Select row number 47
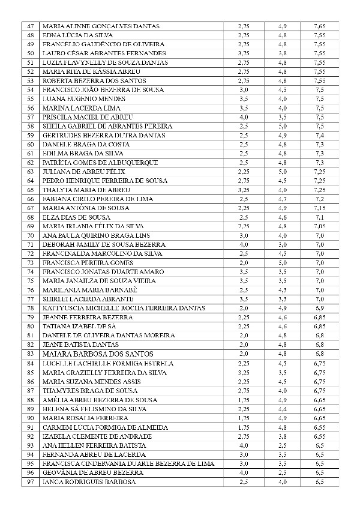tap(31, 26)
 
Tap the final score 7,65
tap(319, 26)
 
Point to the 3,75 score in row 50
tap(243, 53)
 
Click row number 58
tap(31, 126)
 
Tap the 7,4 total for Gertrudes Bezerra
tap(319, 136)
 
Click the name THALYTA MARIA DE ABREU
tap(88, 190)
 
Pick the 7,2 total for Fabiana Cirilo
tap(319, 199)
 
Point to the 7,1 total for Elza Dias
tap(319, 217)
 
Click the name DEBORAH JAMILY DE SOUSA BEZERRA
tap(104, 244)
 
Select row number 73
tap(31, 262)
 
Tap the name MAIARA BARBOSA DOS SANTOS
tap(98, 354)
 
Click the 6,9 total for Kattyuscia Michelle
tap(319, 308)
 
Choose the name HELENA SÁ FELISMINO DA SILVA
tap(95, 409)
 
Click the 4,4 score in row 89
tap(283, 409)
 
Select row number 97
tap(31, 481)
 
